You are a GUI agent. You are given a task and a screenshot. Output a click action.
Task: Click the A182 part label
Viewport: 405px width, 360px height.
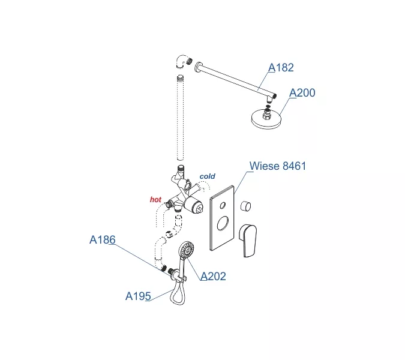[281, 68]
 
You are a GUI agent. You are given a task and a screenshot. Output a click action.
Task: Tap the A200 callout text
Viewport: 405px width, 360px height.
[302, 93]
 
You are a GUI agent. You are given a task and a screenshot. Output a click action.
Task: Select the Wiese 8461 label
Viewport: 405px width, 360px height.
[278, 166]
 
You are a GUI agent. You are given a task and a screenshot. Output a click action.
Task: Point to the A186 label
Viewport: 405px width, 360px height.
[103, 239]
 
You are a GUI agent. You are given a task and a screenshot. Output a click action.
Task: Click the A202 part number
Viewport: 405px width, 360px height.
[214, 277]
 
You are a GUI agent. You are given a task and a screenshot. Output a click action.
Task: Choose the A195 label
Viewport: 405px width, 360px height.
[138, 296]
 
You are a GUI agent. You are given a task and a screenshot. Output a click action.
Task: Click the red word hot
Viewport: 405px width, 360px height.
[155, 199]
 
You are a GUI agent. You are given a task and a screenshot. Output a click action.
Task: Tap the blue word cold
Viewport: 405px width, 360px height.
[208, 176]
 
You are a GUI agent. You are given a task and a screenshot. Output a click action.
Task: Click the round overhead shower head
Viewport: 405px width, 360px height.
[266, 119]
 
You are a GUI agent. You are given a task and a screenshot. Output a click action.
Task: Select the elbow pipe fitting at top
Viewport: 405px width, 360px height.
[184, 61]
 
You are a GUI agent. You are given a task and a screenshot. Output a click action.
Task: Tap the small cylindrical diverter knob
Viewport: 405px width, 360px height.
[245, 206]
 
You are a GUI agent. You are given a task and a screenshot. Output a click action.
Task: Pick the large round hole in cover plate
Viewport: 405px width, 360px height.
[223, 223]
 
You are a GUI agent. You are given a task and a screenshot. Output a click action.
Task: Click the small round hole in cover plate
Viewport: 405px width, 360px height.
[223, 205]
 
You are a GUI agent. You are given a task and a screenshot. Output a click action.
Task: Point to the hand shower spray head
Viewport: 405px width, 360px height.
[187, 250]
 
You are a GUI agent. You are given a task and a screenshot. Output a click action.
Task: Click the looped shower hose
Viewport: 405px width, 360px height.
[178, 292]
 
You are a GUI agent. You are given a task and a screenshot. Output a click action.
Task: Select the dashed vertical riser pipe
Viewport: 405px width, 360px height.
[180, 118]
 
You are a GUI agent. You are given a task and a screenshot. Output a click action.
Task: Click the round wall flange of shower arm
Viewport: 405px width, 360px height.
[198, 67]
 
